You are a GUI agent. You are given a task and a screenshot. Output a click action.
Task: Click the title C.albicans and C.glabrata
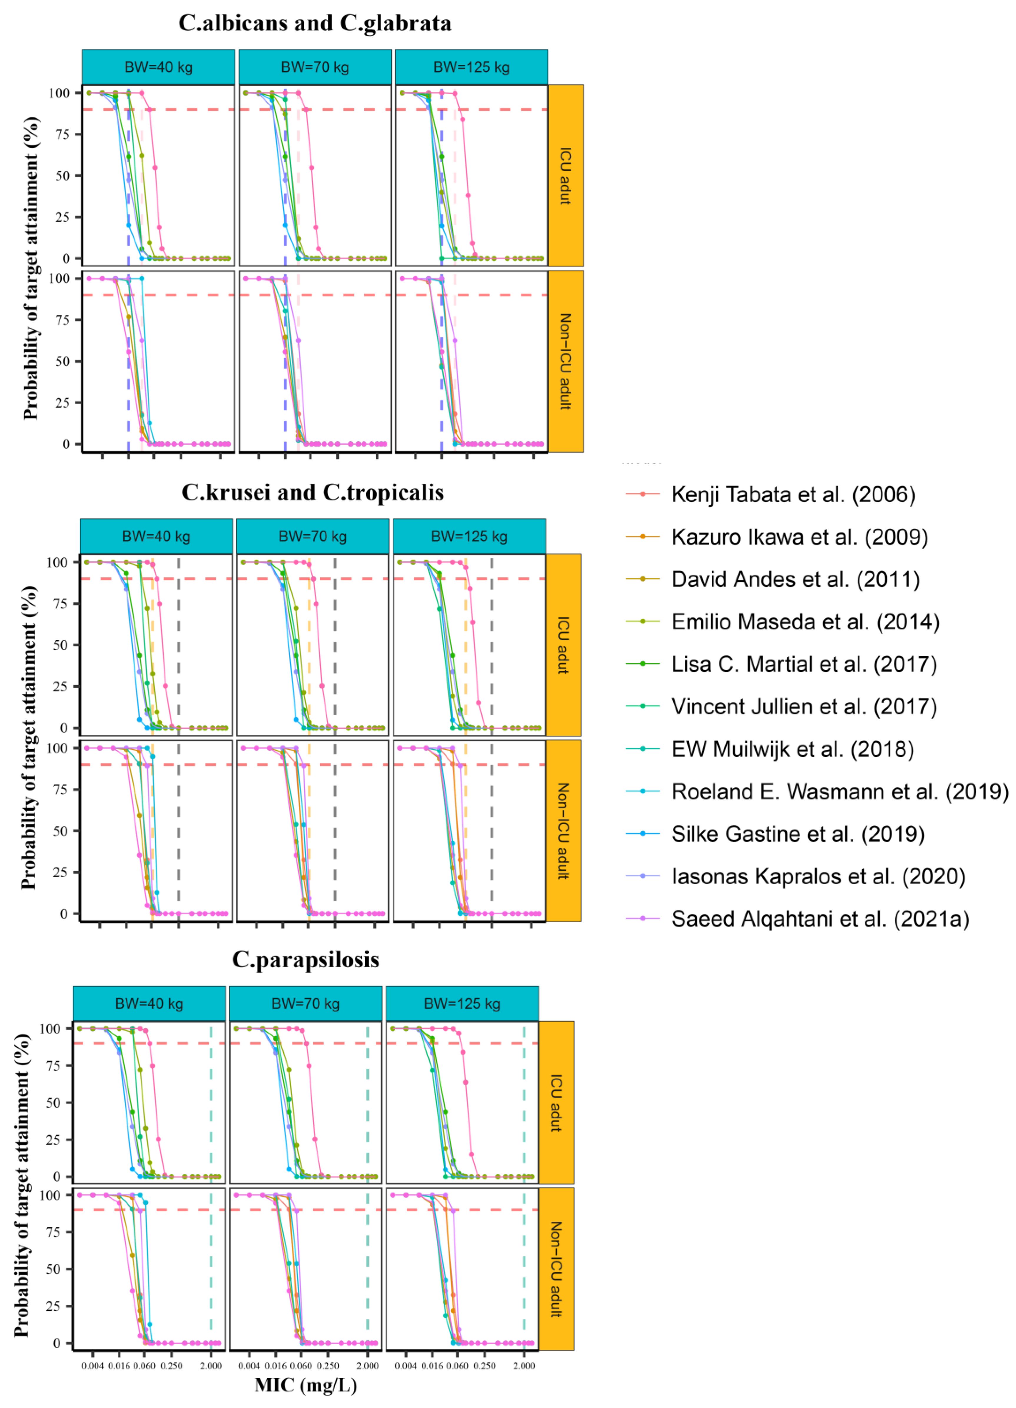tap(315, 23)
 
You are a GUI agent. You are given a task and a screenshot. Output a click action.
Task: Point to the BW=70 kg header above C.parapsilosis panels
tap(305, 1004)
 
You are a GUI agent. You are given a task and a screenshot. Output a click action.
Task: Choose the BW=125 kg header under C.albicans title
tap(471, 67)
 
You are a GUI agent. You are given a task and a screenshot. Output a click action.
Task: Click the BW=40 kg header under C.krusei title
tap(156, 536)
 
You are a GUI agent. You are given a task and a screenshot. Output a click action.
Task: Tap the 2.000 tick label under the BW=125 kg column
tap(524, 1366)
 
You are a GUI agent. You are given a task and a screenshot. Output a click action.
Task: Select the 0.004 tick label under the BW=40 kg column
tap(92, 1366)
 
